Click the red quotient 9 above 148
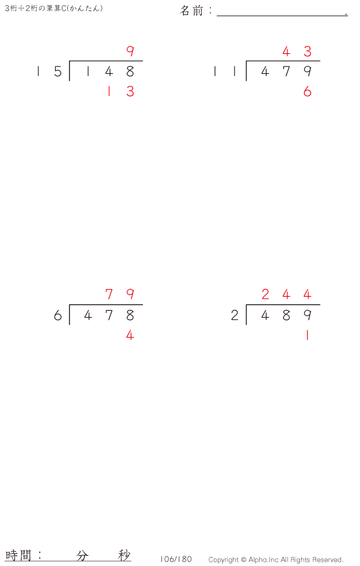coord(130,52)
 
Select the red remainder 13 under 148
coord(120,92)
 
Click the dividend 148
coord(109,72)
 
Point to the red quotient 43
coord(297,52)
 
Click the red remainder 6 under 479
coord(307,92)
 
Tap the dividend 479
coord(286,72)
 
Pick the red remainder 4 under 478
coord(130,336)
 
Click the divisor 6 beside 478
coord(58,315)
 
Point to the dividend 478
coord(109,315)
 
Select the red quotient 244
coord(286,294)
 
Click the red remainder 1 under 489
coord(307,336)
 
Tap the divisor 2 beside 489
coord(235,315)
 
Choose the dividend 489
coord(286,315)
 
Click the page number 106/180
coord(176,559)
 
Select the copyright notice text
coord(276,560)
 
